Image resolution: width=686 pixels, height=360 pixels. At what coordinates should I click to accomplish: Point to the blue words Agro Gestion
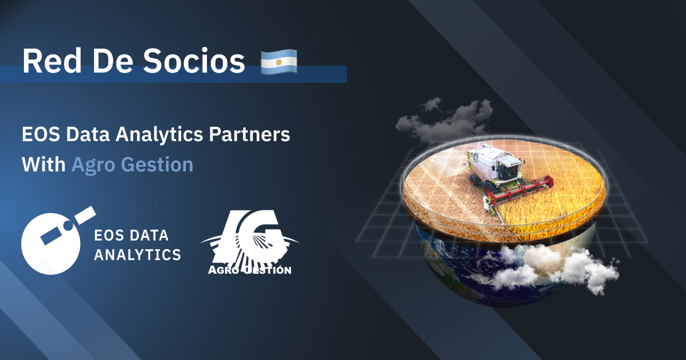click(132, 165)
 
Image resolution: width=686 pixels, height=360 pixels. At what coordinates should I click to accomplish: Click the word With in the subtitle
click(43, 165)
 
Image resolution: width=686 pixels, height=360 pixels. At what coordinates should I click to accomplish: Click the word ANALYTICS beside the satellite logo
click(137, 254)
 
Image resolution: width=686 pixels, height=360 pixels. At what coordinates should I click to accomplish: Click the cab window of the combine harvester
click(507, 170)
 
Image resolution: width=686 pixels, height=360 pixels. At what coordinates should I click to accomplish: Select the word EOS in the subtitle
click(38, 135)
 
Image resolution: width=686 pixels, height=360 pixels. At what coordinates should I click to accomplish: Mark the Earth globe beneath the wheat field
click(457, 269)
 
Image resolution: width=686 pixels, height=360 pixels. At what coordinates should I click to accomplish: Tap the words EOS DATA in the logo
click(131, 235)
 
